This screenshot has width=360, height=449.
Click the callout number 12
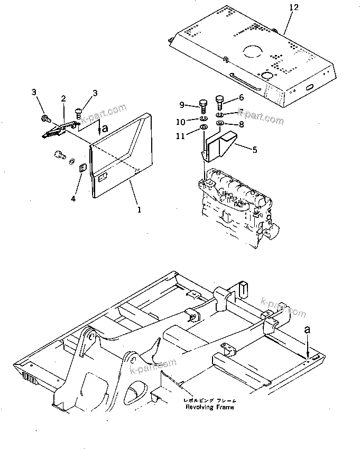point(293,7)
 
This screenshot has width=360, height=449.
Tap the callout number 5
point(254,150)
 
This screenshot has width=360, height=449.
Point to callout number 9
point(181,104)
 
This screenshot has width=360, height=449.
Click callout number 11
point(181,136)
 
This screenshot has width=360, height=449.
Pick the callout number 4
point(74,198)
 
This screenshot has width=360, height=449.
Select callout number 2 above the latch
point(63,99)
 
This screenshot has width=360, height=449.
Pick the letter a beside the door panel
point(105,127)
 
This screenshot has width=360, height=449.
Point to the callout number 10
point(180,122)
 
